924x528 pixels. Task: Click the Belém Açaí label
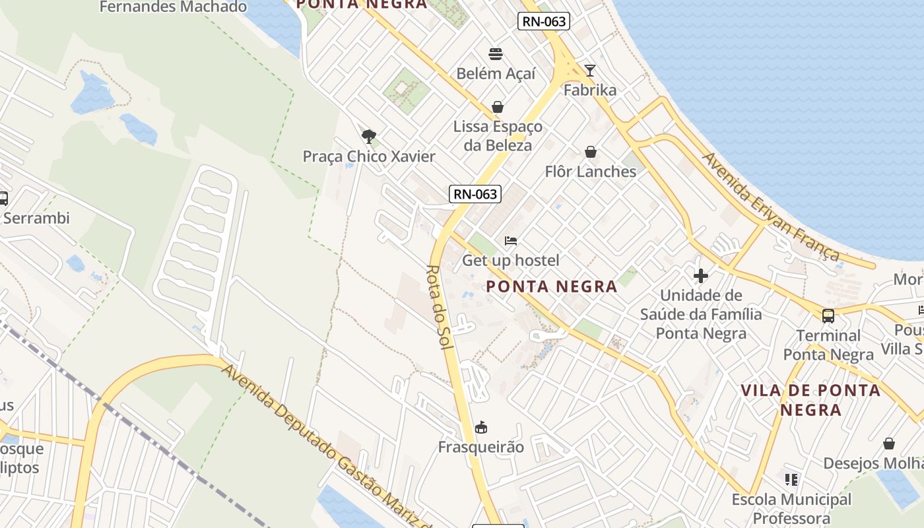click(496, 73)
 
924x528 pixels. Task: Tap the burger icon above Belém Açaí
click(496, 54)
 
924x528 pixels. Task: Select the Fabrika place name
click(590, 90)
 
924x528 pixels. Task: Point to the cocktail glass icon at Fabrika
click(590, 71)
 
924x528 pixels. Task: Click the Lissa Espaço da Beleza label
click(498, 135)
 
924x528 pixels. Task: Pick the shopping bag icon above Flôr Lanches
click(591, 152)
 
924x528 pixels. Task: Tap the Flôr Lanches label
click(591, 172)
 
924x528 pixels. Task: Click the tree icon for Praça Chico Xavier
click(369, 137)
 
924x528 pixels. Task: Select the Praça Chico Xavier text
click(369, 156)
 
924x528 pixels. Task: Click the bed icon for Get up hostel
click(511, 241)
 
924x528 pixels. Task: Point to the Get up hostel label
click(511, 260)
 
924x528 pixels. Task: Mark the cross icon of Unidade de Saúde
click(701, 275)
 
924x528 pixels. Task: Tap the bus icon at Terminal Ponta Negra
click(828, 316)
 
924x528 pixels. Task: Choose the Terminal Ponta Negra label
click(828, 345)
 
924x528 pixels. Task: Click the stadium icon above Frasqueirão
click(481, 428)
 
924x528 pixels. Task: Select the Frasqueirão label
click(481, 447)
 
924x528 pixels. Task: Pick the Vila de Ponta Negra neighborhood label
click(810, 399)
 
